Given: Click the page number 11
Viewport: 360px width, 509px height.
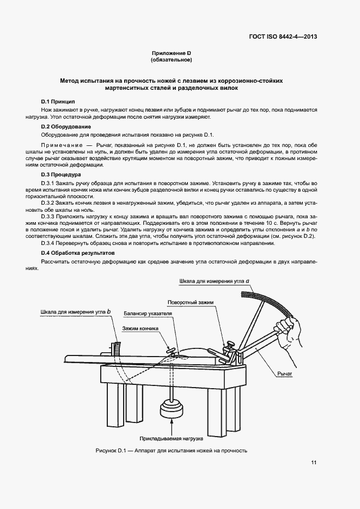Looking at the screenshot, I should click(x=314, y=463).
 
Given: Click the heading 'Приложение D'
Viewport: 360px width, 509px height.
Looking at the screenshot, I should click(x=172, y=53).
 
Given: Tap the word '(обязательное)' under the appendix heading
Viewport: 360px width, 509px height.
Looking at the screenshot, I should click(x=172, y=60).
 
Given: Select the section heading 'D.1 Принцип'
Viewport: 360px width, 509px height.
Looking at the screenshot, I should click(x=58, y=102).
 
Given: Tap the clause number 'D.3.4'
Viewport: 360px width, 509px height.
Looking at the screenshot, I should click(x=50, y=244).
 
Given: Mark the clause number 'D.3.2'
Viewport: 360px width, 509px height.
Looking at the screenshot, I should click(x=50, y=202).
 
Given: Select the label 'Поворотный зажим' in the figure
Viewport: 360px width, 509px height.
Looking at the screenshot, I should click(x=191, y=302).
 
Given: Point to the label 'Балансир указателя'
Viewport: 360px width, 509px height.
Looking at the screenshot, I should click(x=148, y=314).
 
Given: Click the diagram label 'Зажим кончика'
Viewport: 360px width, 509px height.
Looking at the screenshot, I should click(x=140, y=329).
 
